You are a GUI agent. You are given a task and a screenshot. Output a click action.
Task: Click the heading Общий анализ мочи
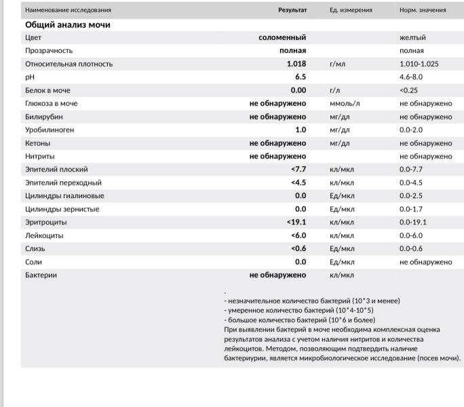coord(68,24)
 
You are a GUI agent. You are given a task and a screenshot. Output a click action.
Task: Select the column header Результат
coord(292,10)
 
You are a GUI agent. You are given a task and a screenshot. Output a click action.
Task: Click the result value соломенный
coord(282,37)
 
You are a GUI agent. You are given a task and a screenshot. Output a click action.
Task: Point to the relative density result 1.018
coord(296,64)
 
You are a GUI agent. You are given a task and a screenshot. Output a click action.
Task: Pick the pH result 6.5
coord(300,77)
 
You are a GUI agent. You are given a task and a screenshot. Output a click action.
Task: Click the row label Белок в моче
coord(47,90)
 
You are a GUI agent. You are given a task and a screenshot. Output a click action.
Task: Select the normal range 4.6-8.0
coord(411,77)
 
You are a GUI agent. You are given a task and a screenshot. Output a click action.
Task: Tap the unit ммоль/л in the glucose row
coord(345,103)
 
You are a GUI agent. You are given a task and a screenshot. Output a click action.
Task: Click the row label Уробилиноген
coord(50,130)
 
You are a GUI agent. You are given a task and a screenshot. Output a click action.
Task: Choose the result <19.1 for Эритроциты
coord(296,222)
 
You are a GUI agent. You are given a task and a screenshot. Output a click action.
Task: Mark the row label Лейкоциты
coord(44,235)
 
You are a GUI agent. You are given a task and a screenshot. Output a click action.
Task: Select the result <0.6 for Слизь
coord(298,248)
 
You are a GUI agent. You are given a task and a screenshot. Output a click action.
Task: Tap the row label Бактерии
coord(41,275)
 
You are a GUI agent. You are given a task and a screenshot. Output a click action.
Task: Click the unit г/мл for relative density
coord(338,64)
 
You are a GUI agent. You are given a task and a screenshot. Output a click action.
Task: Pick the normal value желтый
coord(413,37)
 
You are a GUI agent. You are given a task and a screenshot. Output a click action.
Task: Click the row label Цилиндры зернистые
coord(62,209)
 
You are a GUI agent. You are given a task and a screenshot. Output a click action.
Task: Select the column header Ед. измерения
coord(351,10)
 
